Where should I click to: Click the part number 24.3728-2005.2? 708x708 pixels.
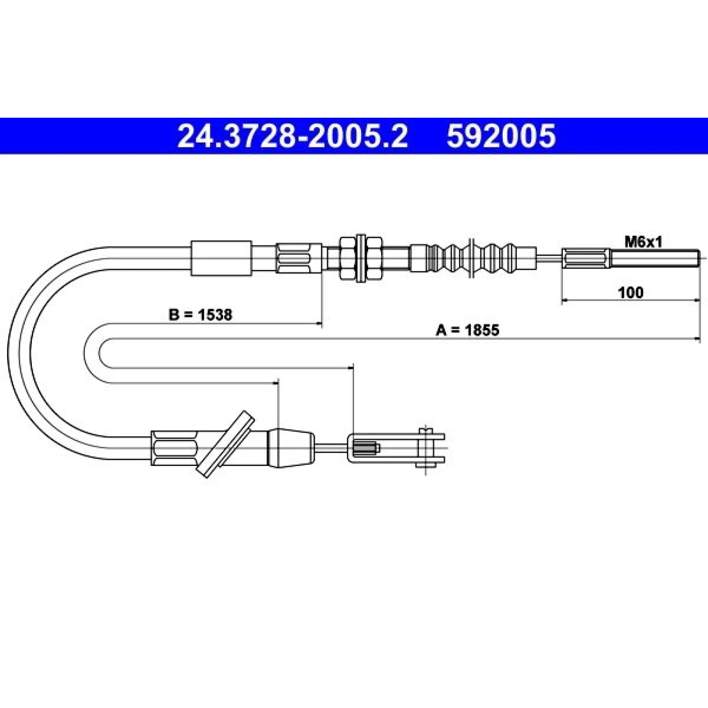[x=292, y=136]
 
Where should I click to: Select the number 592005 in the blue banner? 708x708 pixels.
[x=500, y=136]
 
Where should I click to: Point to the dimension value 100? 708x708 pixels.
[x=631, y=292]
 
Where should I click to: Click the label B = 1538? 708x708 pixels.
[x=200, y=315]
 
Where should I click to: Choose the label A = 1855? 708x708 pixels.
[x=467, y=330]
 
